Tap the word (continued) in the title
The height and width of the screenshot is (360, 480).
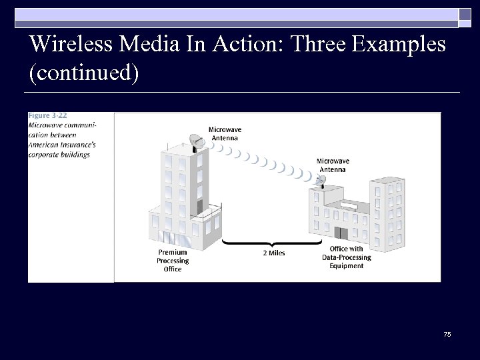coord(84,73)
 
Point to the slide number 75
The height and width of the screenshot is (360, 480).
coord(447,334)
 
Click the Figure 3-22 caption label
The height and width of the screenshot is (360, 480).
coord(47,116)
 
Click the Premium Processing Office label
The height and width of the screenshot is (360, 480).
coord(173,261)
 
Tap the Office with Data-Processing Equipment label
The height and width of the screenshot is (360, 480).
coord(346,257)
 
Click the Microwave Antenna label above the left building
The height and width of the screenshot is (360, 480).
coord(225,133)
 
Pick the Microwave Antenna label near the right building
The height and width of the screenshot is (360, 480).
coord(332,165)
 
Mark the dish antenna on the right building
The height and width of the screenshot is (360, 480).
coord(321,180)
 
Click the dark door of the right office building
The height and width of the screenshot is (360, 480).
coord(341,233)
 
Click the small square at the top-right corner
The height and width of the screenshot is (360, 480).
coord(465,15)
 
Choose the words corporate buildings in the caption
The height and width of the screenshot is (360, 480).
coord(59,155)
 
